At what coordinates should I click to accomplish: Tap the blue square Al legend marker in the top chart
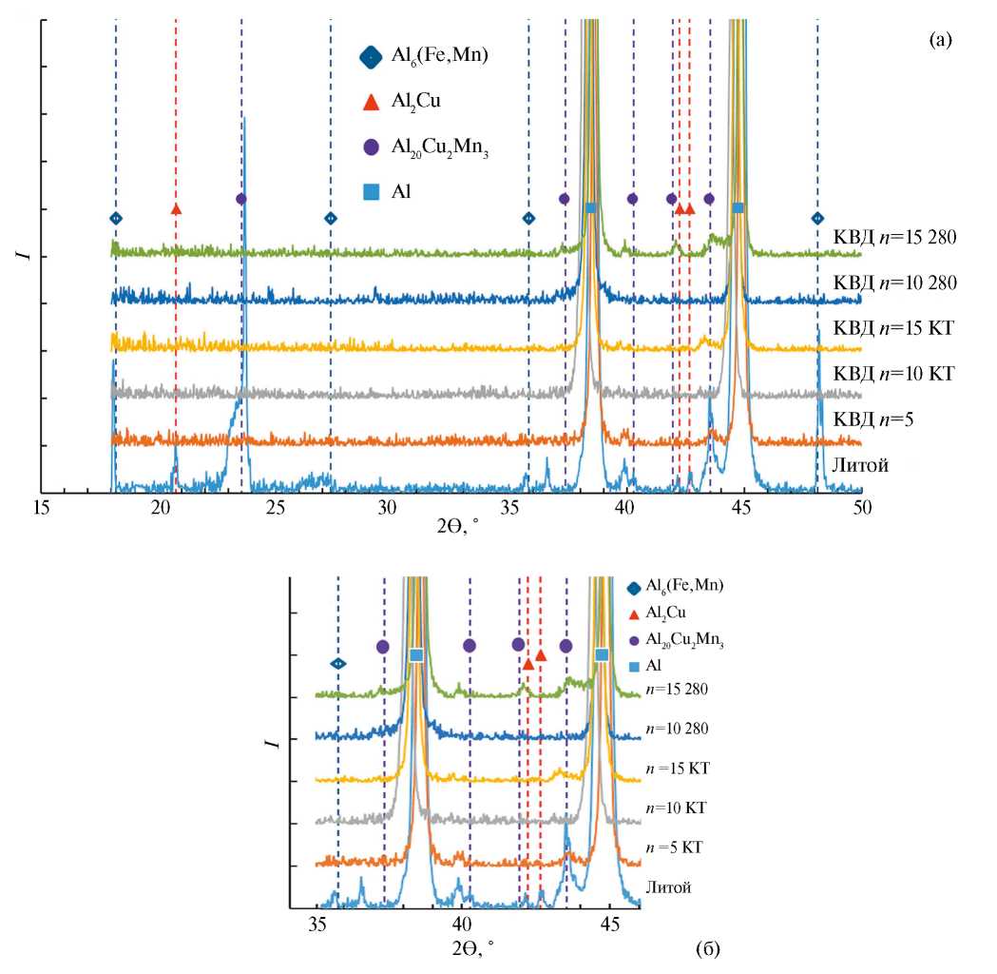point(372,193)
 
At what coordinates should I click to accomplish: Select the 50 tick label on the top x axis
point(861,510)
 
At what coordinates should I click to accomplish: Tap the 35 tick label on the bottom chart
point(319,924)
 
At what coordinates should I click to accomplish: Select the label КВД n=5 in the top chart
point(872,419)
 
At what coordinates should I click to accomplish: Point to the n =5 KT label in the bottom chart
point(674,847)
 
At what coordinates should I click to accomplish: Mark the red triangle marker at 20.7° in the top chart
point(176,208)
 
